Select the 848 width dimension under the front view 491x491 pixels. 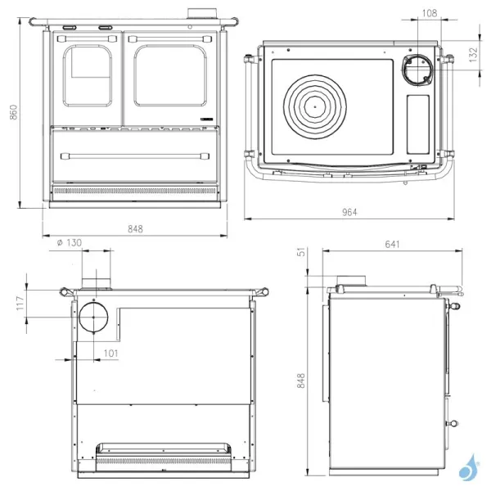(135, 228)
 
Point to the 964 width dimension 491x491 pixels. (349, 212)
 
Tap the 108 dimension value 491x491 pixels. (429, 12)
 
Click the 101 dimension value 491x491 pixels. (111, 354)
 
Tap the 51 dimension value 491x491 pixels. (302, 253)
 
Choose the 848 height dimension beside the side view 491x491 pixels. (302, 381)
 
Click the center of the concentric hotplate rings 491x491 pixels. (315, 107)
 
